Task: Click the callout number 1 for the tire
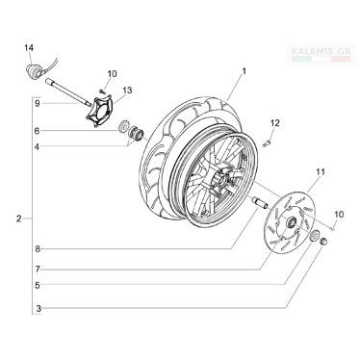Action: tap(244, 71)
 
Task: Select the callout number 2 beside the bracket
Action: tap(19, 219)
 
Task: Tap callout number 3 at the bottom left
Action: tap(39, 309)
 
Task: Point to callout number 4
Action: tap(37, 147)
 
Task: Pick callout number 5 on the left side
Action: tap(38, 285)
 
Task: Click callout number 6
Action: tap(37, 131)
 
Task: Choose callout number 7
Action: tap(38, 270)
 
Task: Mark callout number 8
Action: tap(38, 249)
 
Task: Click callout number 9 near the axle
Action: tap(37, 104)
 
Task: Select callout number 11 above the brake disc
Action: tap(321, 172)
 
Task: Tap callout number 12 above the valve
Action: tap(275, 122)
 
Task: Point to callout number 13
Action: tap(127, 90)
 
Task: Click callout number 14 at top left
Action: tap(29, 48)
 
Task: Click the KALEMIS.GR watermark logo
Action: tap(321, 54)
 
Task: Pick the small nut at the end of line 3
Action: tap(323, 241)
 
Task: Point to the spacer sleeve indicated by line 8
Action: tap(260, 203)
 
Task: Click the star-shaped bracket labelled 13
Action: tap(100, 109)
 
